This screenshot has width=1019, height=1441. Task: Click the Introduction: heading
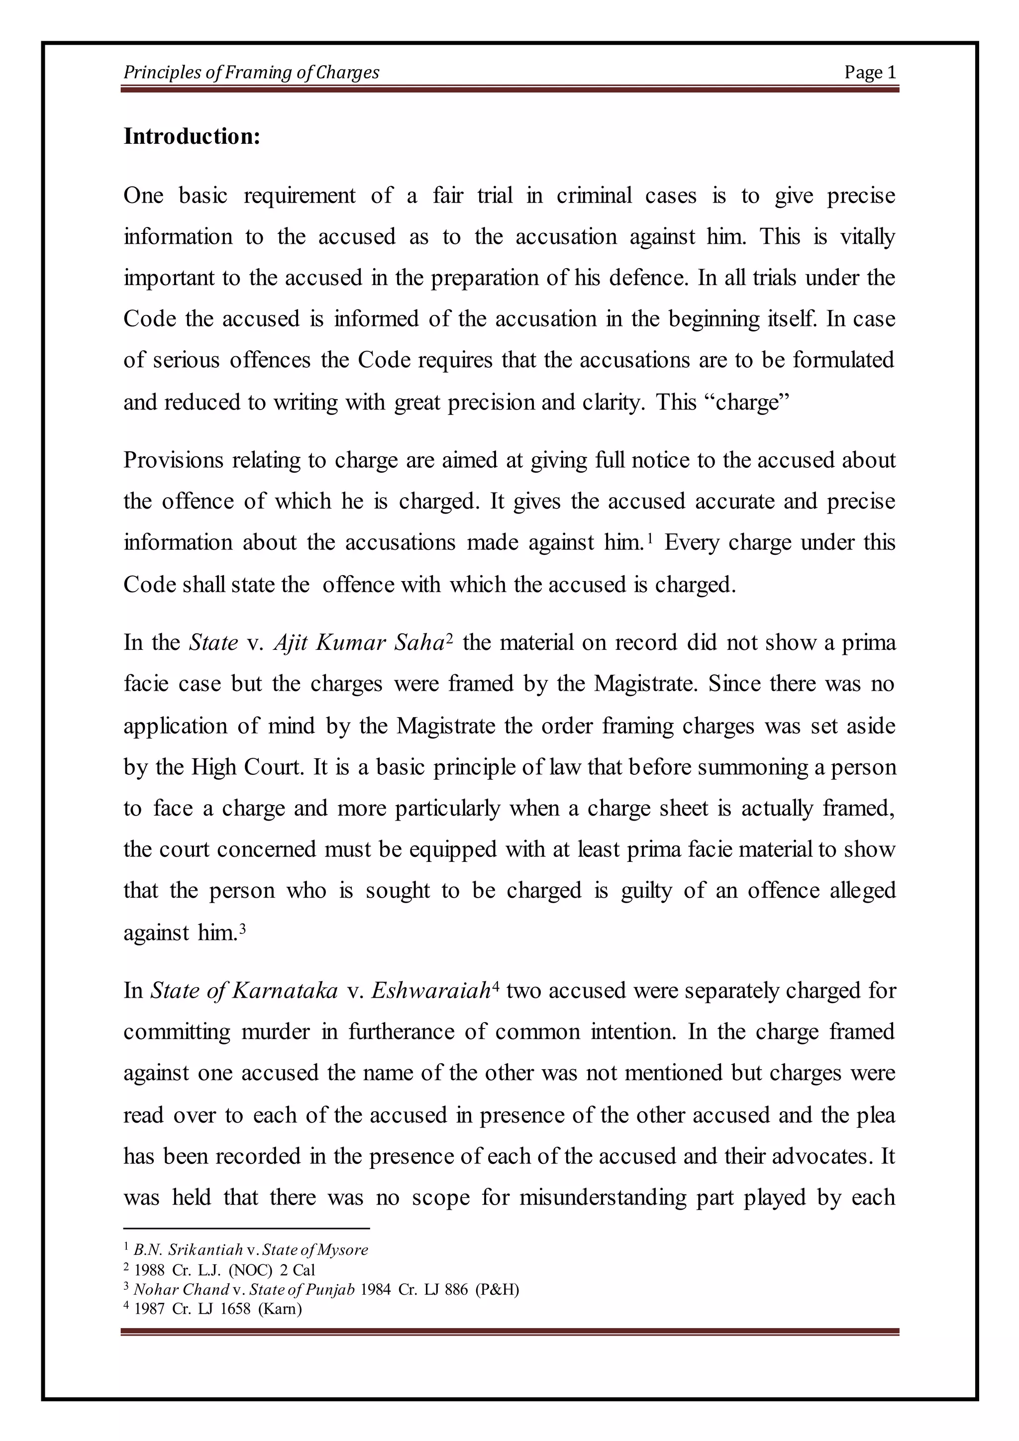[192, 136]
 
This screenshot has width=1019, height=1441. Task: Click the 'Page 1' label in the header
[870, 73]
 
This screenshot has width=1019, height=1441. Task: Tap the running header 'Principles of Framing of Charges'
[251, 73]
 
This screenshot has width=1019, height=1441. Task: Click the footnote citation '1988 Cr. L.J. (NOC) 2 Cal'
[224, 1270]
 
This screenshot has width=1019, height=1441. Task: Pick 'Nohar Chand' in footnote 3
[181, 1289]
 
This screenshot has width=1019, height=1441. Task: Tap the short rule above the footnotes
[247, 1228]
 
